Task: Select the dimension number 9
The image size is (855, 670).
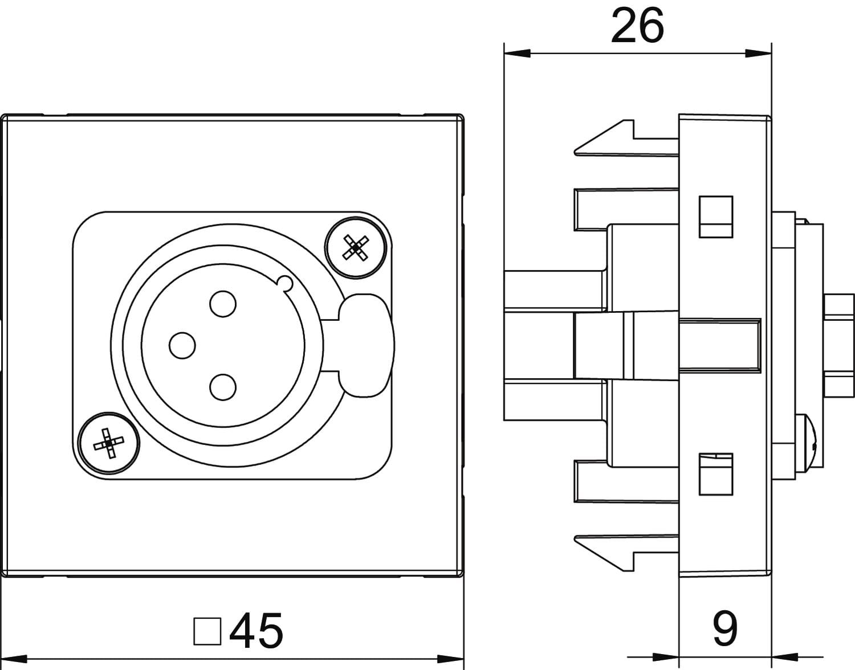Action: coord(725,628)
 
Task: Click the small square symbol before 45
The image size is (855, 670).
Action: coord(207,631)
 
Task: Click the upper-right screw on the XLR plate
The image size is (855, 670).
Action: coord(356,248)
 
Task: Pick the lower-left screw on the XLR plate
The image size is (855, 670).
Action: coord(109,444)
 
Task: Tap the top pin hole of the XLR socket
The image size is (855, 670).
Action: coord(223,304)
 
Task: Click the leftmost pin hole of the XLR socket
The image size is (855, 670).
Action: coord(182,345)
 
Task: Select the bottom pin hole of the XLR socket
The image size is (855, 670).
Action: coord(223,387)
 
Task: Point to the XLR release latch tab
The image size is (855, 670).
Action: coord(367,345)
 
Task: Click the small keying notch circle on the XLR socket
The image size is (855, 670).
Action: coord(285,283)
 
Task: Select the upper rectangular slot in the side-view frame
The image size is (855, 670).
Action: coord(716,216)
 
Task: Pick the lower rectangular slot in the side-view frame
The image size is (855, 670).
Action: coord(716,474)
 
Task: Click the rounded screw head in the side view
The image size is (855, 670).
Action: coord(806,444)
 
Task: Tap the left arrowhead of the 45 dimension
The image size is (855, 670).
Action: coord(14,659)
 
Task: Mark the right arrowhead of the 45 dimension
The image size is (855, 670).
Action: coord(451,659)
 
